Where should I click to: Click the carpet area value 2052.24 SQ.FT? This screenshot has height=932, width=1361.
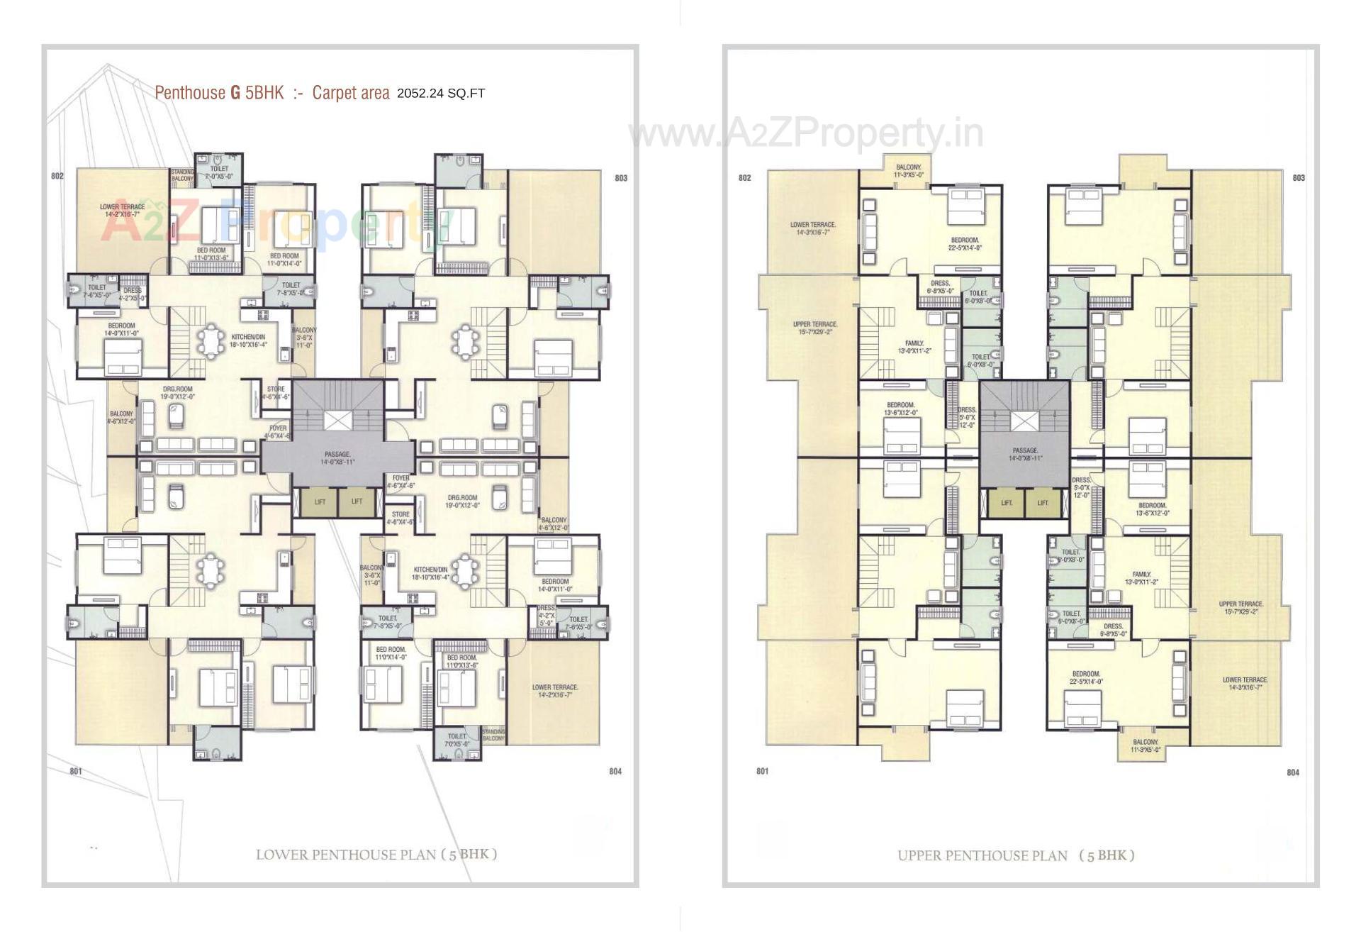pyautogui.click(x=440, y=93)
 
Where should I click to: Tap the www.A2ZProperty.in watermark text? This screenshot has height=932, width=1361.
pyautogui.click(x=806, y=133)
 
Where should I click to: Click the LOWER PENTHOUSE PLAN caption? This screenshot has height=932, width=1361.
pyautogui.click(x=376, y=854)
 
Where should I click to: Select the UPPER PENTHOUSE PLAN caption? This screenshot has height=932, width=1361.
pyautogui.click(x=1015, y=855)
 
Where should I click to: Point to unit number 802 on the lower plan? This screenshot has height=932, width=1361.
pyautogui.click(x=57, y=176)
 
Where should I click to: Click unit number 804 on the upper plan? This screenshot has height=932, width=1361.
pyautogui.click(x=1293, y=772)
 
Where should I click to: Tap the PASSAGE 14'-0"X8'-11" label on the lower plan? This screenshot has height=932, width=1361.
pyautogui.click(x=337, y=458)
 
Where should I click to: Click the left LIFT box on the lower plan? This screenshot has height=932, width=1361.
pyautogui.click(x=320, y=501)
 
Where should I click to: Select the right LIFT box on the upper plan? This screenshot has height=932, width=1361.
pyautogui.click(x=1043, y=503)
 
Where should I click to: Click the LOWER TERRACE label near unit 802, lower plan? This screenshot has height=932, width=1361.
pyautogui.click(x=122, y=210)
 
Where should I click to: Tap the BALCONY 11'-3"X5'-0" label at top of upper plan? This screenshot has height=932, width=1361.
pyautogui.click(x=908, y=171)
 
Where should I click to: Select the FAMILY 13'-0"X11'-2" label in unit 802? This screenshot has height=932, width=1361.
pyautogui.click(x=914, y=347)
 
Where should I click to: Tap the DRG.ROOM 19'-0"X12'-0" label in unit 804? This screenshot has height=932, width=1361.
pyautogui.click(x=461, y=501)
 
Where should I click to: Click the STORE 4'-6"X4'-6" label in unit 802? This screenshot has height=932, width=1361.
pyautogui.click(x=276, y=393)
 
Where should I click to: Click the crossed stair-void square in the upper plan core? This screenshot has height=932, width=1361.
pyautogui.click(x=1021, y=421)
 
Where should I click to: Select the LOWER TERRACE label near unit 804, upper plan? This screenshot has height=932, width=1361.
pyautogui.click(x=1245, y=683)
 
